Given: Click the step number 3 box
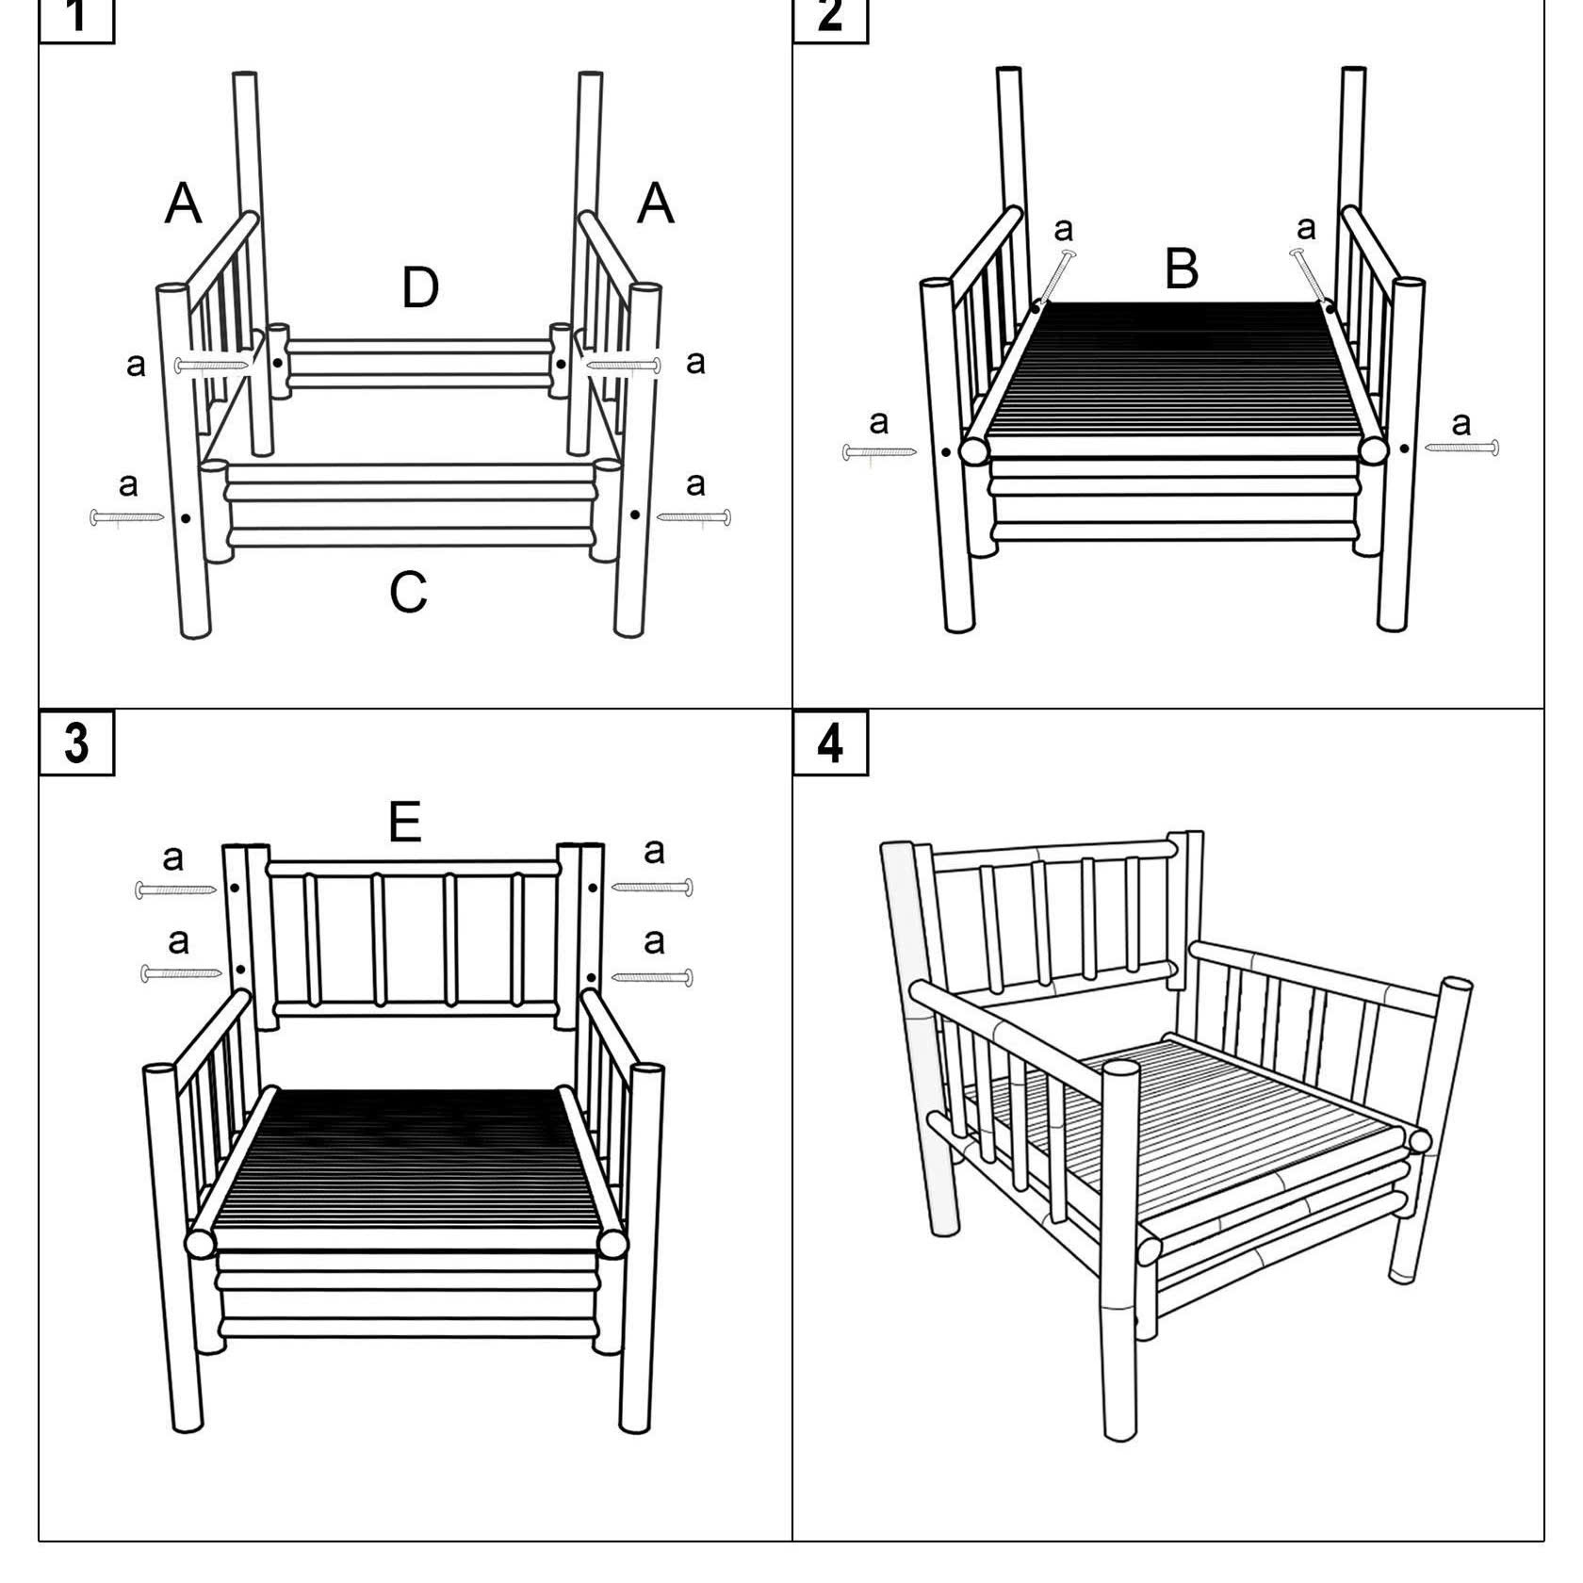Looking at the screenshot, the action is click(x=76, y=743).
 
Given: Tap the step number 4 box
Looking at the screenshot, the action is click(x=830, y=743).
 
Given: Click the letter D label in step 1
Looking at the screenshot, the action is click(x=420, y=287).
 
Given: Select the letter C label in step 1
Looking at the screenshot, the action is click(x=408, y=593).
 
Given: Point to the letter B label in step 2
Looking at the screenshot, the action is click(x=1182, y=269).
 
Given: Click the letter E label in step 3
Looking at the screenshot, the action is click(x=404, y=822).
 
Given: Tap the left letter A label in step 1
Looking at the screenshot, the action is click(x=183, y=203).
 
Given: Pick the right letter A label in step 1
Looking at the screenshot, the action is click(x=656, y=203).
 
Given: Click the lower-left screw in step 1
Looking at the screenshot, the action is click(x=127, y=517).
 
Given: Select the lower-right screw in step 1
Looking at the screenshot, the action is click(x=694, y=516).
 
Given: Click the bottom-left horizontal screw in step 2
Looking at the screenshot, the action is click(x=879, y=453).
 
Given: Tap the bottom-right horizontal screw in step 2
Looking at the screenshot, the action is click(x=1461, y=448).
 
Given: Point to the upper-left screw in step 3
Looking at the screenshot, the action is click(x=176, y=889).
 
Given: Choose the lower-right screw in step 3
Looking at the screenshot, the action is click(x=652, y=977).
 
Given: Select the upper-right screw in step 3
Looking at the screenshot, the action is click(x=652, y=887).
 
